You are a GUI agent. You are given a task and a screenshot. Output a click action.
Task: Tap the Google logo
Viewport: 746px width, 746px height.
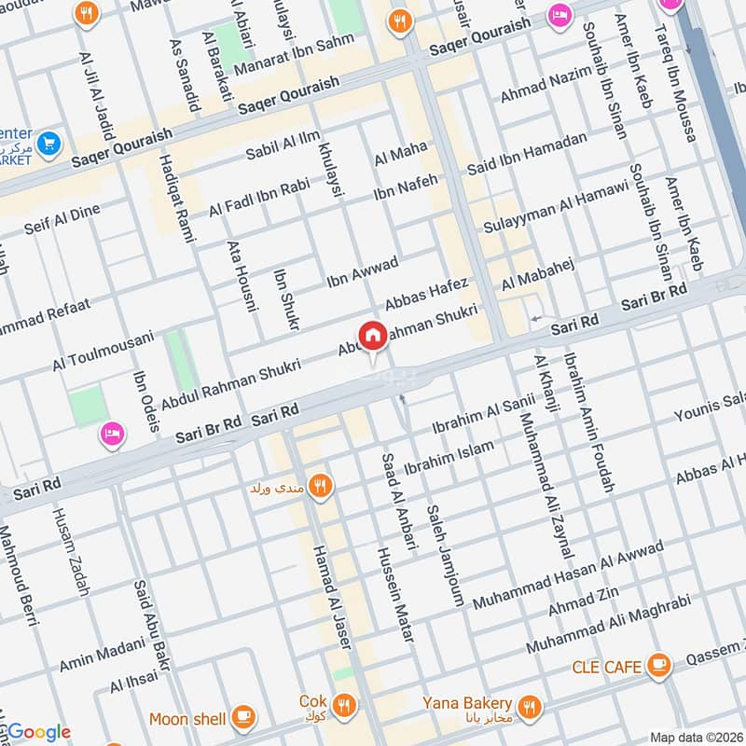coord(37,732)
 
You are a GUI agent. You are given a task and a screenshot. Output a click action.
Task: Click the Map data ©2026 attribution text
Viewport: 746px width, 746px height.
coord(697,738)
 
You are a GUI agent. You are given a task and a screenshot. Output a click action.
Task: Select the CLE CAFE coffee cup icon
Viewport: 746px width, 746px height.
coord(659,665)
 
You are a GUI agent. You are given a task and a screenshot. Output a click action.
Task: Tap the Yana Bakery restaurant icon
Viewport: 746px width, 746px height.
coord(531,706)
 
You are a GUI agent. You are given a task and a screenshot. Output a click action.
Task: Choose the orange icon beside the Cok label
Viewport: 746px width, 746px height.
coord(343,704)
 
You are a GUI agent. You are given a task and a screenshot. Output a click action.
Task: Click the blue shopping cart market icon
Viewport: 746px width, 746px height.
coord(50,144)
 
